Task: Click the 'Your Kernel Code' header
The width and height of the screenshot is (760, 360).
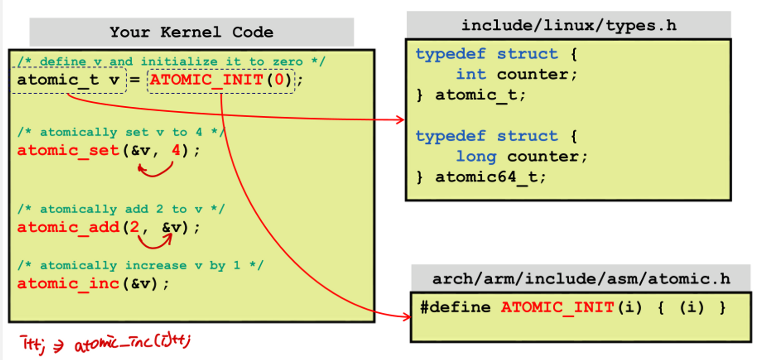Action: tap(191, 33)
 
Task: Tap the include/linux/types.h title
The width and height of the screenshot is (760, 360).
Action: tap(569, 25)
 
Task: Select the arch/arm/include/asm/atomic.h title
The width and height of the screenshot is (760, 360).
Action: tap(581, 279)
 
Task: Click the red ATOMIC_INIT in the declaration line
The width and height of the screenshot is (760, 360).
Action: tap(207, 80)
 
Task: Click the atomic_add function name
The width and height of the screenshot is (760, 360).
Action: tap(68, 228)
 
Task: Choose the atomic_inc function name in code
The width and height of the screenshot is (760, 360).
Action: tap(68, 284)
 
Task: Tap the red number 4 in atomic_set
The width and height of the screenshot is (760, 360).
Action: tap(175, 150)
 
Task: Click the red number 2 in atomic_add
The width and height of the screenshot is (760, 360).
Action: tap(134, 228)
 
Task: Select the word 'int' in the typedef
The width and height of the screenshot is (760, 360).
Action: tap(471, 74)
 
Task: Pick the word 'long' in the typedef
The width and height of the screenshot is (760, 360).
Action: tap(476, 157)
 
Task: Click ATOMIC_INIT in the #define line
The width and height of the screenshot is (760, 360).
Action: tap(557, 308)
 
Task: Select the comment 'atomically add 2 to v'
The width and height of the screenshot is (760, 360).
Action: tap(121, 210)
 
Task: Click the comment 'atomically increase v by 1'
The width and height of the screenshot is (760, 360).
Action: tap(141, 266)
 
